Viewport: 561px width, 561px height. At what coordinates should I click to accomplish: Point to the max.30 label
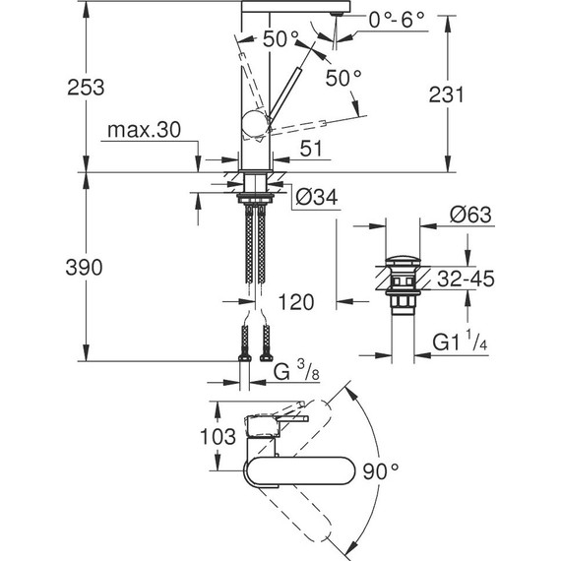coord(152,132)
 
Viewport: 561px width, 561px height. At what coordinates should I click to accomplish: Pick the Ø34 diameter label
coord(316,198)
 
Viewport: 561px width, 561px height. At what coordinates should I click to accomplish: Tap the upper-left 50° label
coord(280,39)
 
